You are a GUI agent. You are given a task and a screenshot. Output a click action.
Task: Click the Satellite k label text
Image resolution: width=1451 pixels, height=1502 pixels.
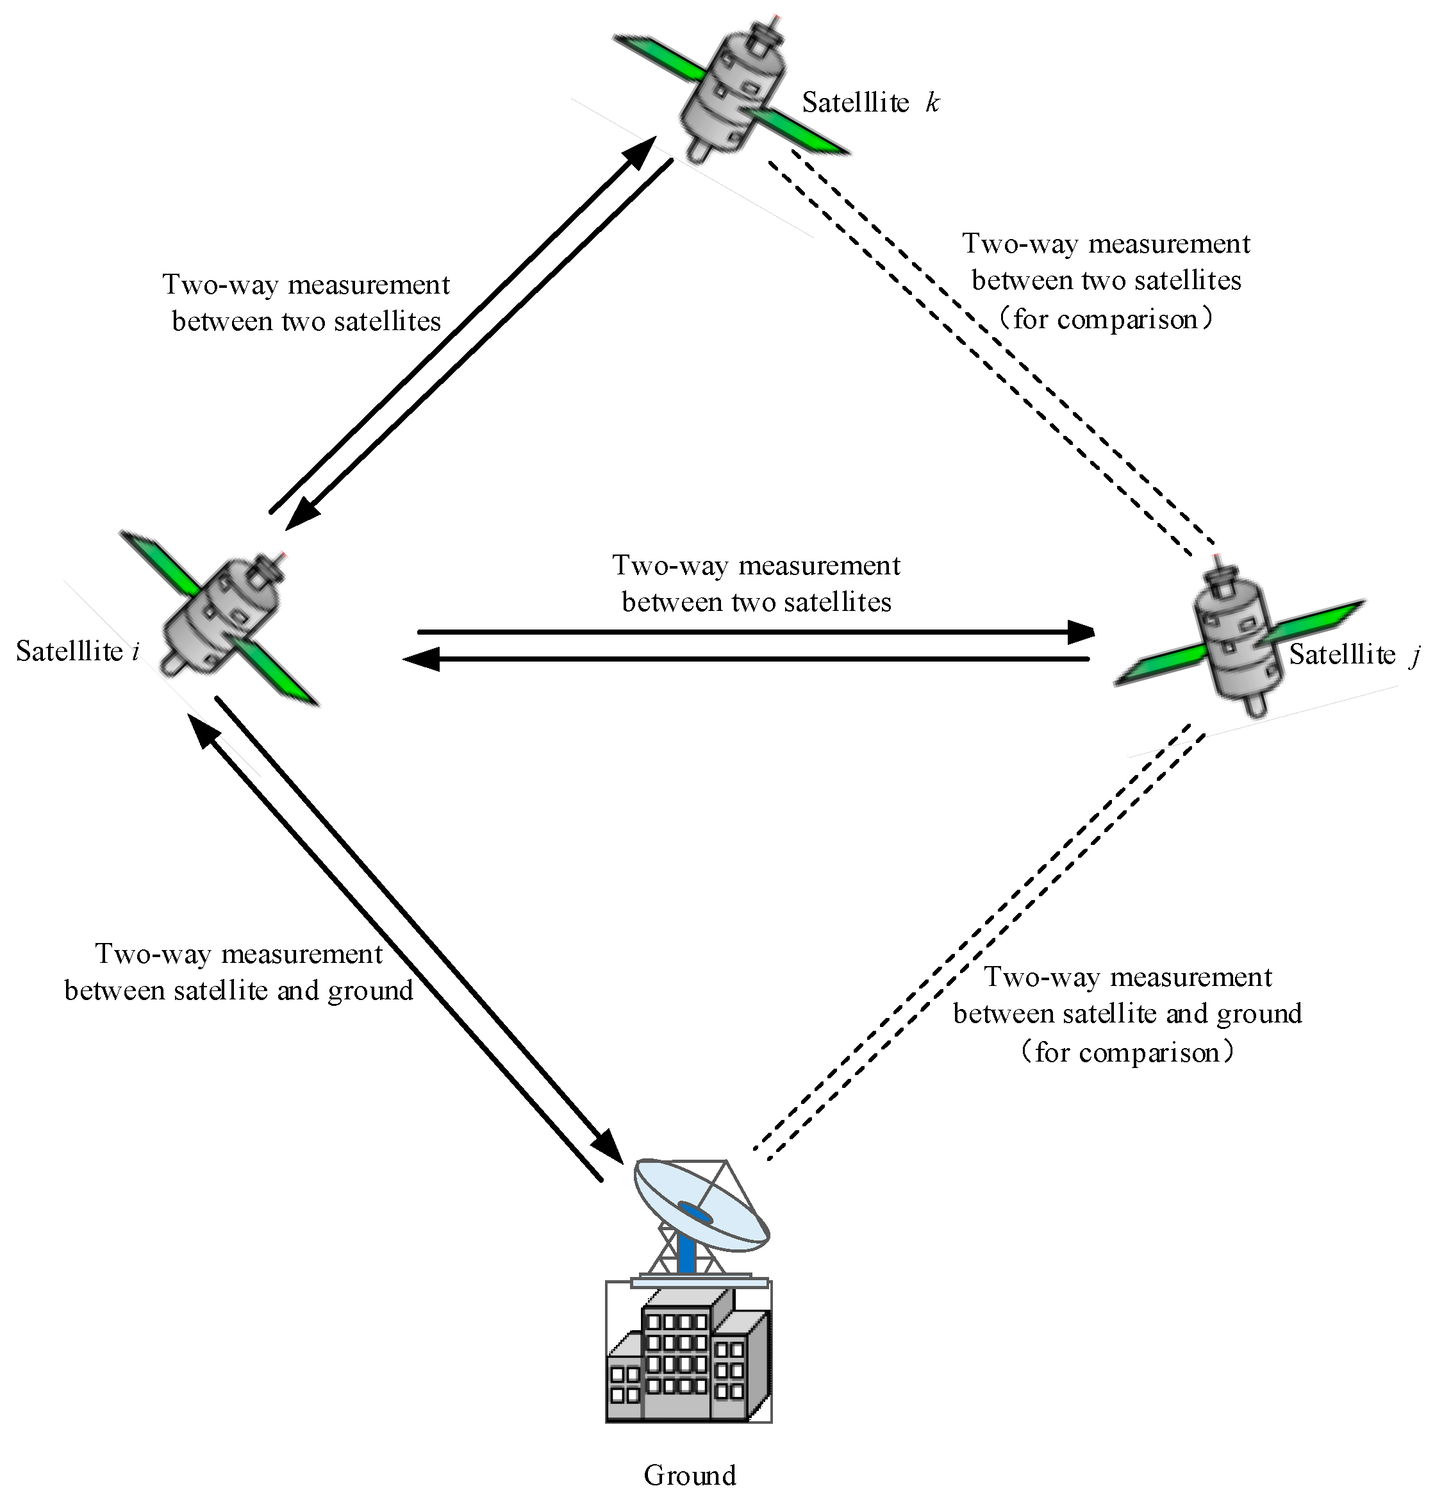(x=870, y=102)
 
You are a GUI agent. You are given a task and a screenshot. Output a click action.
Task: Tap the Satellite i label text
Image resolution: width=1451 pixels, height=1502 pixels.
(x=78, y=651)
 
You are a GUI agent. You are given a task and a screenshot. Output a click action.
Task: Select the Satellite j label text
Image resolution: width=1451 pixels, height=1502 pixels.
(x=1354, y=655)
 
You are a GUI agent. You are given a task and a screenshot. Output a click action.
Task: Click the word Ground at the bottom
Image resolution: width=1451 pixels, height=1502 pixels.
(x=690, y=1474)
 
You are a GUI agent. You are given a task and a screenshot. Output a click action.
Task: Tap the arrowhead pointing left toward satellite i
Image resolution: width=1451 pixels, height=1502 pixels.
(x=420, y=659)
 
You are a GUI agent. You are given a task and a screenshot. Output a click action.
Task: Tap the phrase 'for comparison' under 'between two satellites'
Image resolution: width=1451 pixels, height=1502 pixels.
(x=1105, y=318)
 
